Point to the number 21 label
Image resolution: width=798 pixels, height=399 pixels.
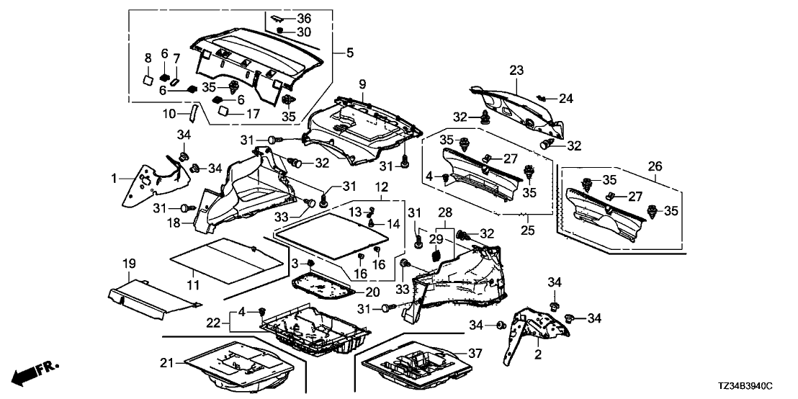pos(167,363)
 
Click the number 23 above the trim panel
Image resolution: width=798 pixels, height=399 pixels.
pos(516,71)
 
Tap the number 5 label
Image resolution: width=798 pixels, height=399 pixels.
pos(350,53)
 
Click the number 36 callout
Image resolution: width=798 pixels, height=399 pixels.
pos(304,18)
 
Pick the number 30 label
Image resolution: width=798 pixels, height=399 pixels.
pos(303,32)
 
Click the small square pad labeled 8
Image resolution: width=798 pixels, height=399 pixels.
pos(147,80)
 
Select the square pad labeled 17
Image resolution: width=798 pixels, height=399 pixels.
pos(225,110)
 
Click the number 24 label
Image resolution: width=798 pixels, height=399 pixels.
pos(566,99)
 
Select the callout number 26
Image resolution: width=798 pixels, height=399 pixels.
pos(655,166)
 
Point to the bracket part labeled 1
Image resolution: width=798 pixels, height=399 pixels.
pos(156,182)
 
